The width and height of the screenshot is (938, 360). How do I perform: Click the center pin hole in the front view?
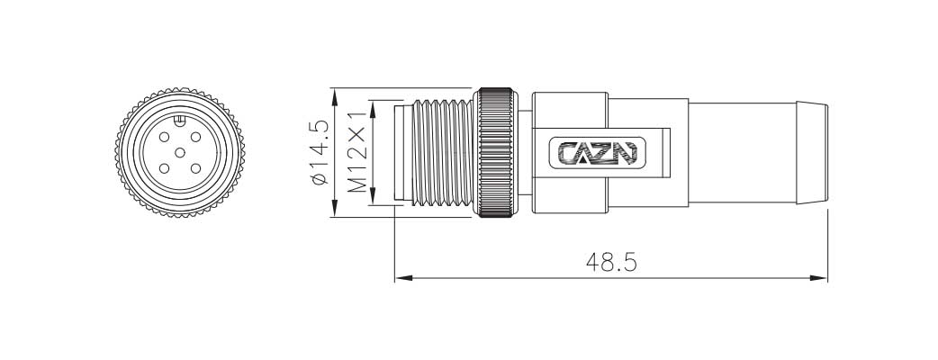[179, 150]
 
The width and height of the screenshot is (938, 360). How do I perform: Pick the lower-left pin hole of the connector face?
[163, 167]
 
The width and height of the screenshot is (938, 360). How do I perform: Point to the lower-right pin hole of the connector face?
[195, 167]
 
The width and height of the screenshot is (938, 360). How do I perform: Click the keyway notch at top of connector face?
[179, 120]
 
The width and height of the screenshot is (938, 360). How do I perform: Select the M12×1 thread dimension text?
[357, 152]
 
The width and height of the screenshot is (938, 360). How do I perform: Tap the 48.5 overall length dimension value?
[611, 262]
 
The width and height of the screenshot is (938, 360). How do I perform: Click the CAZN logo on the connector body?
[597, 153]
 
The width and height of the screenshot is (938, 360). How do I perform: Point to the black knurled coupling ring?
[497, 152]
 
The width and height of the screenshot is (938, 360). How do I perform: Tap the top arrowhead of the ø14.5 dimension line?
[335, 94]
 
